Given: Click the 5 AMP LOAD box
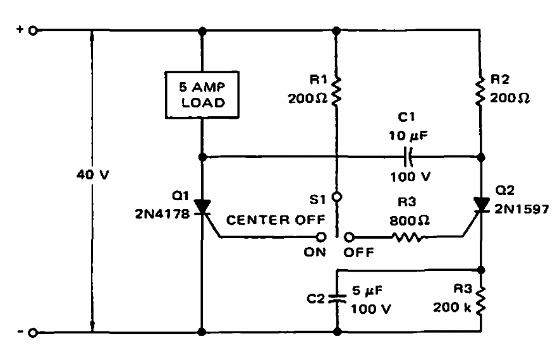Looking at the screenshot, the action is click(202, 95).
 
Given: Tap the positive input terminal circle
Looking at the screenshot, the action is click(33, 31).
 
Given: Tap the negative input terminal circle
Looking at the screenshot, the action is click(33, 333).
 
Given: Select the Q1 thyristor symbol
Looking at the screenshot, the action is click(202, 207).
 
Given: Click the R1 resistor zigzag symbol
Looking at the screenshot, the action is click(336, 91).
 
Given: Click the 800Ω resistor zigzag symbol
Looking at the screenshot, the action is click(408, 237).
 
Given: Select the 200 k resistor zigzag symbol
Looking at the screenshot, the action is click(480, 301).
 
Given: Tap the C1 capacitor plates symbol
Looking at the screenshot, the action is click(408, 157).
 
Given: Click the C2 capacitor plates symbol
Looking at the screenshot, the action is click(337, 299).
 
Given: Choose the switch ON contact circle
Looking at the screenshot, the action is click(321, 237).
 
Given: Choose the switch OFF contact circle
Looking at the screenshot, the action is click(350, 237).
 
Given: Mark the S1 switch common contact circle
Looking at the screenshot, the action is click(337, 197).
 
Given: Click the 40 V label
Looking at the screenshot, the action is click(93, 174).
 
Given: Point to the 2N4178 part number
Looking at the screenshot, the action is click(162, 214).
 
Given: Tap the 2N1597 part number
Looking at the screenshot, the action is click(521, 209).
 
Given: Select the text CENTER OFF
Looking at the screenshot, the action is click(276, 220).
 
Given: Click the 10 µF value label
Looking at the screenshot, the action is click(408, 135).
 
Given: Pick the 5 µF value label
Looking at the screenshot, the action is click(367, 291).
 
